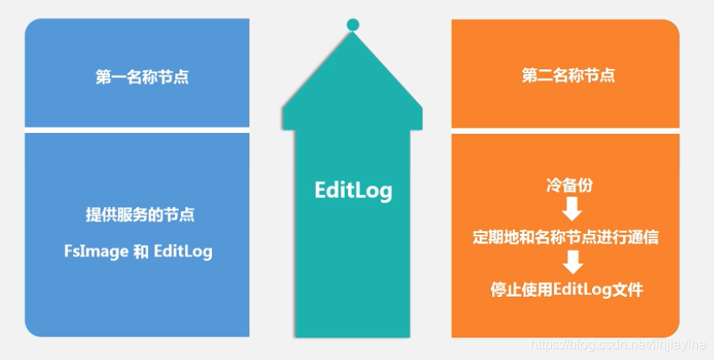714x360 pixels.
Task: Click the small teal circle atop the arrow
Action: coord(352,25)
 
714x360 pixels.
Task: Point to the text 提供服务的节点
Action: coord(141,214)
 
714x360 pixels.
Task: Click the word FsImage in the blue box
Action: coord(96,251)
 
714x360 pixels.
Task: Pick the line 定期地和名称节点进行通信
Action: coord(565,237)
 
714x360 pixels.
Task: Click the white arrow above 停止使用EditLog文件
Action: coord(572,264)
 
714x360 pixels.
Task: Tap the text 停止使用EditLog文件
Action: coord(567,290)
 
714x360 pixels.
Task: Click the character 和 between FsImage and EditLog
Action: coord(141,251)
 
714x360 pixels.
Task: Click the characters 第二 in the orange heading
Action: coord(532,76)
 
